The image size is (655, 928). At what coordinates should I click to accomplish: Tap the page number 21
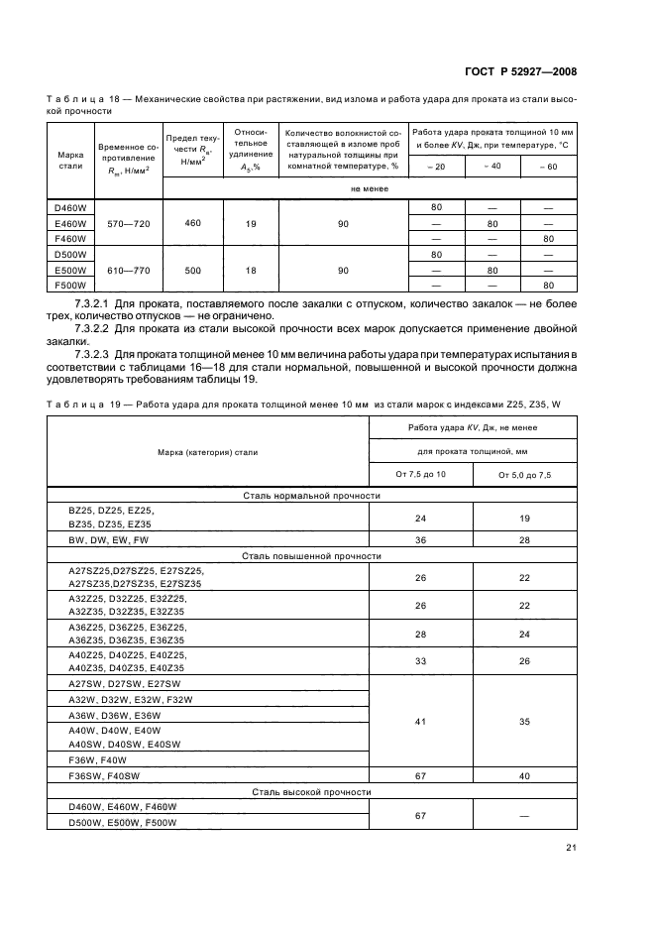571,846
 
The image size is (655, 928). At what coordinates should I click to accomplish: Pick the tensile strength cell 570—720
124,223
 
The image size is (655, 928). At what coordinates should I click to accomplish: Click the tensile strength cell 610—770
124,270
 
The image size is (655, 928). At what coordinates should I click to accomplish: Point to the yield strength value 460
192,223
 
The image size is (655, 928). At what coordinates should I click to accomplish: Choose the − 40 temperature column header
491,166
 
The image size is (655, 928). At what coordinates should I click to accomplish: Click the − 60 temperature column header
547,166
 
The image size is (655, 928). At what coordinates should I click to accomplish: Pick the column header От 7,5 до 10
421,475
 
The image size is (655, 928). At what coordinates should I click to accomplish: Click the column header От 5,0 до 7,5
525,475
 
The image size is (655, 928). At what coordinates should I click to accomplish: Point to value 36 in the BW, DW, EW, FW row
421,539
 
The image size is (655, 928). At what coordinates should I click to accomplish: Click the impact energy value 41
421,721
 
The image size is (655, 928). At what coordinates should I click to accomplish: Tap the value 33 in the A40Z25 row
421,660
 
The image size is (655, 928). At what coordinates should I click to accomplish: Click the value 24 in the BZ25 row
421,517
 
